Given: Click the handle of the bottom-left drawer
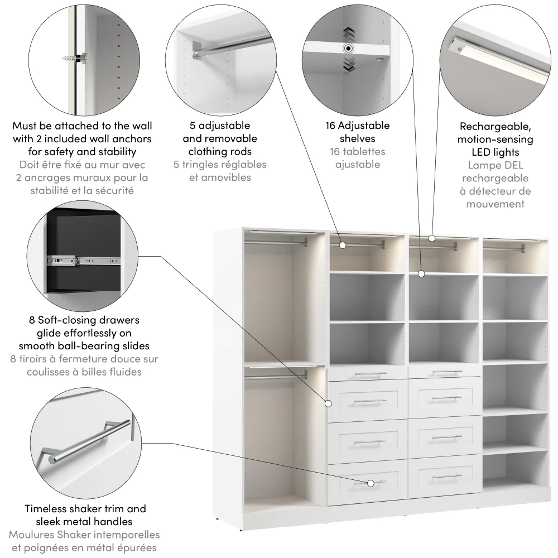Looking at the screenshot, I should [369, 482].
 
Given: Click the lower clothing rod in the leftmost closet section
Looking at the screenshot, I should [276, 377].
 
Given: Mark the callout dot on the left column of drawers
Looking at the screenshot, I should [329, 403].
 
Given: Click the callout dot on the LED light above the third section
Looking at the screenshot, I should [432, 238].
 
